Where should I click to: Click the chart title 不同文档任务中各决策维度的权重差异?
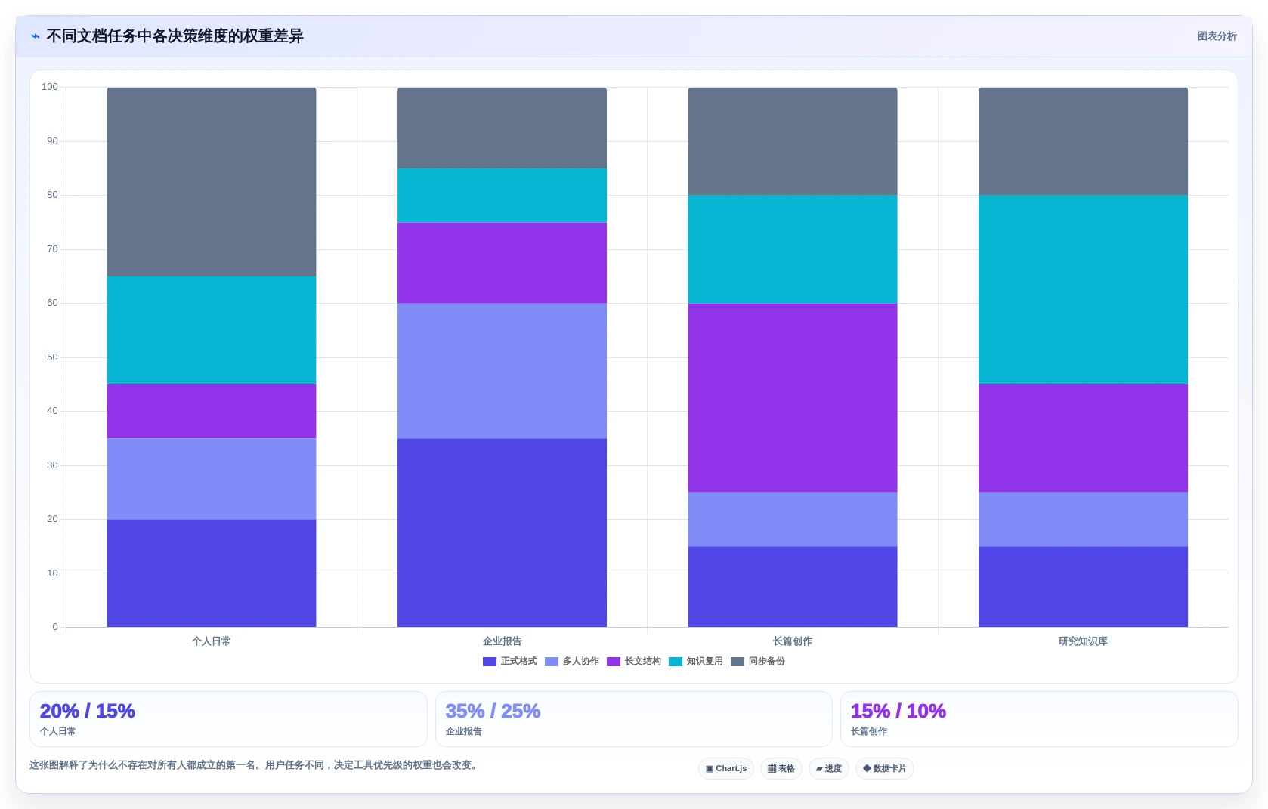coord(175,36)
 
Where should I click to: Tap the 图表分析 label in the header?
coord(1217,36)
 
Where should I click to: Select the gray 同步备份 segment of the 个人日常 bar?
coord(211,181)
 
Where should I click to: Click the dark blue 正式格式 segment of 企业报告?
coord(502,533)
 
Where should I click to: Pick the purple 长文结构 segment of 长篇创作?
coord(793,398)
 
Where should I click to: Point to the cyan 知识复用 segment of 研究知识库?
coord(1083,289)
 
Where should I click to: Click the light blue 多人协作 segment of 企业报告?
coord(502,371)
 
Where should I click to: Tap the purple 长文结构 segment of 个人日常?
coord(211,411)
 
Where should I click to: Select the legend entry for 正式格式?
coord(509,662)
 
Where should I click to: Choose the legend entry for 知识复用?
coord(696,662)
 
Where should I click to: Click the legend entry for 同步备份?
coord(758,662)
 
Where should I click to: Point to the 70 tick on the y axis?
coord(53,249)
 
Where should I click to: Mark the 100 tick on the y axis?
coord(50,87)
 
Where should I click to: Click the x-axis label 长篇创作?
coord(793,641)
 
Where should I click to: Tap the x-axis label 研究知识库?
coord(1083,641)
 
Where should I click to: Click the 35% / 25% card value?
coord(493,711)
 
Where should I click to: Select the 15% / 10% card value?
coord(898,711)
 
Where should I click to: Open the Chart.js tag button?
coord(725,768)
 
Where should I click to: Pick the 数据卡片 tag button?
coord(884,768)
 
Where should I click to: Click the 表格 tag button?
coord(781,768)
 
